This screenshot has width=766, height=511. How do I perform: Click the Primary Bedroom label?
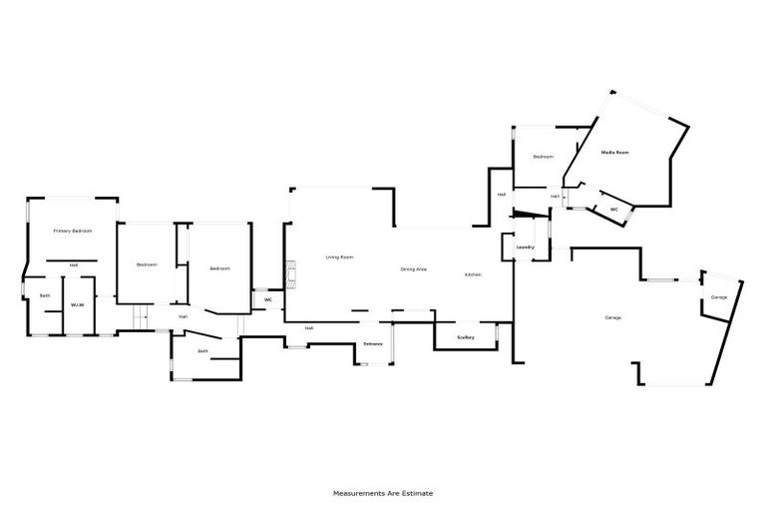pyautogui.click(x=73, y=231)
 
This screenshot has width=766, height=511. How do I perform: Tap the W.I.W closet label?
pyautogui.click(x=77, y=305)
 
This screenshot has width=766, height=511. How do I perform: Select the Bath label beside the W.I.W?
pyautogui.click(x=45, y=295)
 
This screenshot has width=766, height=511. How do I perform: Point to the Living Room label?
pyautogui.click(x=340, y=257)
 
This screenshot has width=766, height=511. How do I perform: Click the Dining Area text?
pyautogui.click(x=414, y=269)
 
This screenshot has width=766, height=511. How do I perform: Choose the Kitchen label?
pyautogui.click(x=473, y=273)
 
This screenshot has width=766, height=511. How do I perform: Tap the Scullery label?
pyautogui.click(x=465, y=337)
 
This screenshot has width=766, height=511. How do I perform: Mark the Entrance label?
pyautogui.click(x=373, y=344)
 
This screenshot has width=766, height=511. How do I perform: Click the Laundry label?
pyautogui.click(x=526, y=247)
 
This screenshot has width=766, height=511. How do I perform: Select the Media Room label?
pyautogui.click(x=614, y=153)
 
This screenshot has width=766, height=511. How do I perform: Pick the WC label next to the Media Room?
pyautogui.click(x=614, y=210)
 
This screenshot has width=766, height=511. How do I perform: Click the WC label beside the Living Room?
pyautogui.click(x=268, y=298)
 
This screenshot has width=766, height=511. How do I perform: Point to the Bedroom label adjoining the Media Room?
pyautogui.click(x=543, y=157)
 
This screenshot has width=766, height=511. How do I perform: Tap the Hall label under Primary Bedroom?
pyautogui.click(x=74, y=264)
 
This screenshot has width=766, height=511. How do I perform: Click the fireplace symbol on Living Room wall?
pyautogui.click(x=290, y=274)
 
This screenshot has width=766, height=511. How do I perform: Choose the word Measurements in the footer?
pyautogui.click(x=355, y=493)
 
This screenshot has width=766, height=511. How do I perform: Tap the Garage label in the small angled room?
pyautogui.click(x=718, y=297)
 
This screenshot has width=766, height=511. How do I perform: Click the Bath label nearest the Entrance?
pyautogui.click(x=203, y=351)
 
